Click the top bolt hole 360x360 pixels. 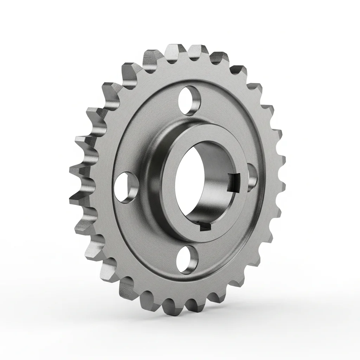pos(188,100)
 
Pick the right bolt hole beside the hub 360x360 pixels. pos(252,177)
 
